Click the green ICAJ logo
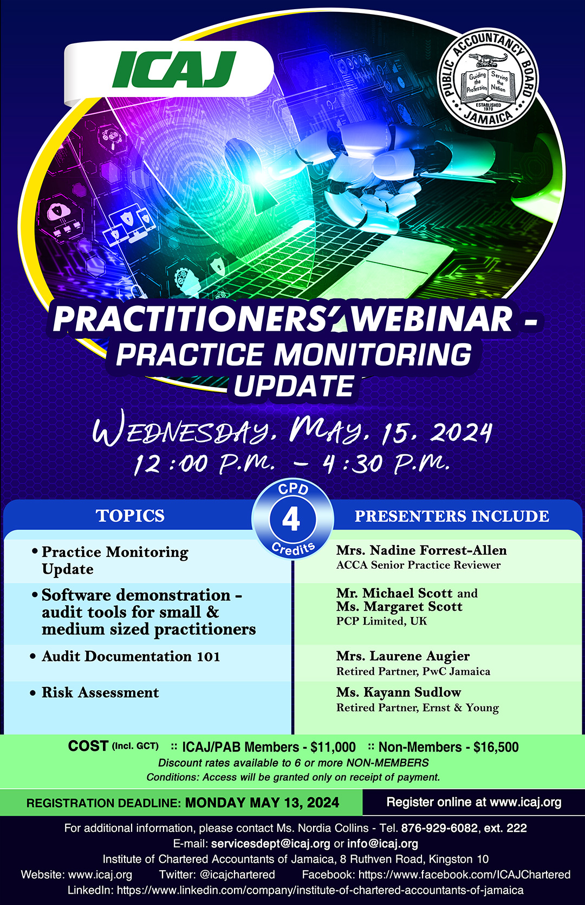tap(174, 69)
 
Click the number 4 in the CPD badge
tap(291, 519)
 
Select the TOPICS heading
tap(131, 516)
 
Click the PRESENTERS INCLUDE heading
tap(452, 516)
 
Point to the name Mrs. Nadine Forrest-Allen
tap(421, 550)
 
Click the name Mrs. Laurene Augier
tap(403, 656)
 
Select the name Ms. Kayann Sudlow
tap(399, 692)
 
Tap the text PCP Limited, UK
tap(381, 620)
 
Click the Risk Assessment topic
tap(100, 692)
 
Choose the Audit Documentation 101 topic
tap(131, 656)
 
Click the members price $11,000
tap(333, 747)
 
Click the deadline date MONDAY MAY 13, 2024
tap(262, 803)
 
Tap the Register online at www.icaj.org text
tap(474, 802)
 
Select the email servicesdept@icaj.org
tap(270, 844)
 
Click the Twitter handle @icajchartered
tap(237, 875)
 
